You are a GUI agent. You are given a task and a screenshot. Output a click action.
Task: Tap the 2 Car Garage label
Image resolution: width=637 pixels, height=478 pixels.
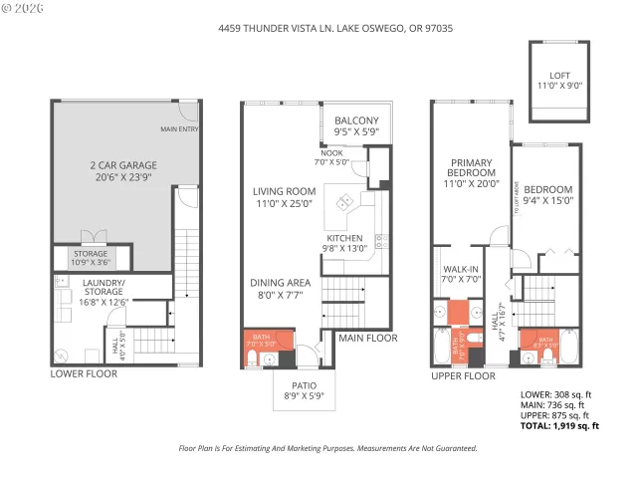[111, 170]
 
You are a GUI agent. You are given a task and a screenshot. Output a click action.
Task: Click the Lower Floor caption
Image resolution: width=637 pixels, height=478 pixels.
[84, 374]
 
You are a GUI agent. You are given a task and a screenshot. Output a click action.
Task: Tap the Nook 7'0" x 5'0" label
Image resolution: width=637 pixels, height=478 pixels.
[332, 156]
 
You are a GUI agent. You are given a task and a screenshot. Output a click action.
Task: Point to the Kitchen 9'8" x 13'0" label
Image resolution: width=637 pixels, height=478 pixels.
[345, 244]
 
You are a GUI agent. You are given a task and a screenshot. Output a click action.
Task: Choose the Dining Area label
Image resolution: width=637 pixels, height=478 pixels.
[281, 289]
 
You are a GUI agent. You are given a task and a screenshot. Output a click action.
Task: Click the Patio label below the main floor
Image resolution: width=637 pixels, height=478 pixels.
[304, 390]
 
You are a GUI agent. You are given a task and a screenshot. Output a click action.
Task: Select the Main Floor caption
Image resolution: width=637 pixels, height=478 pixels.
[368, 339]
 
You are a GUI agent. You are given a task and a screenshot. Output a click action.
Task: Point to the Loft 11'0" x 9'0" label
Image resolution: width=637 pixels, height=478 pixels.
[560, 81]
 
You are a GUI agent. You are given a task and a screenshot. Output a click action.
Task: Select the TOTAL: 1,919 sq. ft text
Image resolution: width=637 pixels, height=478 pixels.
[560, 426]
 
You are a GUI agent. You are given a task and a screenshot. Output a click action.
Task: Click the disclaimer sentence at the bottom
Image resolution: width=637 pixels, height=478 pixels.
[327, 449]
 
